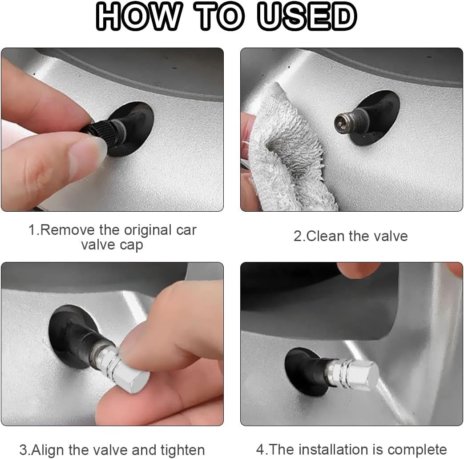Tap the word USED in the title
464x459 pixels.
click(x=307, y=16)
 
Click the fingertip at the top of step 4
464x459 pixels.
click(x=358, y=269)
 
